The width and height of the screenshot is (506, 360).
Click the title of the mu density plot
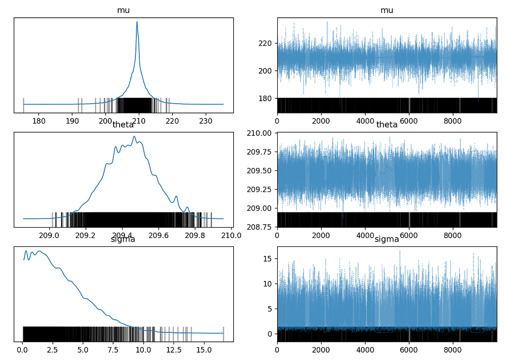pos(124,10)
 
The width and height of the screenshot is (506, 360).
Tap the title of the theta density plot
pos(124,125)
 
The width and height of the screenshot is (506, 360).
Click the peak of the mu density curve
pos(137,22)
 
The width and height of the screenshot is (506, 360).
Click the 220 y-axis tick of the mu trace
pos(266,43)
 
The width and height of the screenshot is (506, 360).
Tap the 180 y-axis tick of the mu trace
pos(266,98)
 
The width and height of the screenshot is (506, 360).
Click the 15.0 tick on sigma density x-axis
pos(204,350)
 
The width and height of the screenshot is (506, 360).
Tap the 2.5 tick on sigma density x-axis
pos(52,350)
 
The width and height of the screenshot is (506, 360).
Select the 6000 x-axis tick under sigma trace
pos(409,350)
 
